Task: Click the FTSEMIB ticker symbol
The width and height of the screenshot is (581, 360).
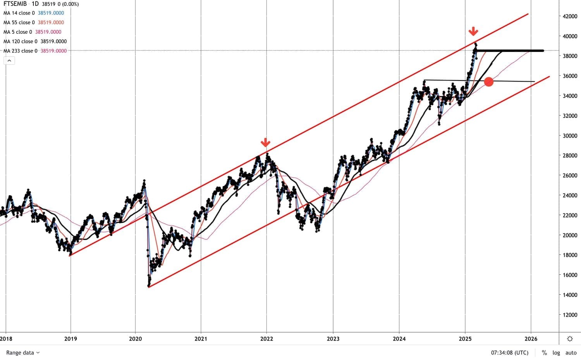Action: point(15,4)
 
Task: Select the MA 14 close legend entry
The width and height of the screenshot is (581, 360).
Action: point(19,13)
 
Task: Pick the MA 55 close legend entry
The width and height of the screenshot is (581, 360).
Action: point(19,22)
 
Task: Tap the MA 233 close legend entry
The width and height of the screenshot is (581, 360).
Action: point(20,51)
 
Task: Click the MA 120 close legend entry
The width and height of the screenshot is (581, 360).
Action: point(20,41)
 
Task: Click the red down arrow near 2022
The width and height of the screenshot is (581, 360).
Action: point(265,142)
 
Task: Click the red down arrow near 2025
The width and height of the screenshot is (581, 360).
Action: point(473,31)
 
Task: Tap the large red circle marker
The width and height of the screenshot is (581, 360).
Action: point(489,81)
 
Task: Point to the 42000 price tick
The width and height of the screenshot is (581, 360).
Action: point(570,16)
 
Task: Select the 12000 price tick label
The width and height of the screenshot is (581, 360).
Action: point(570,315)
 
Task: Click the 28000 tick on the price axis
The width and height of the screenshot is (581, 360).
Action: point(570,156)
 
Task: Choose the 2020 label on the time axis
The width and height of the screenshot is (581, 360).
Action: point(136,339)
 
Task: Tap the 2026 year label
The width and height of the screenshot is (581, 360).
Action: point(531,339)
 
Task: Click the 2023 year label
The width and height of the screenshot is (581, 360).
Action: point(333,339)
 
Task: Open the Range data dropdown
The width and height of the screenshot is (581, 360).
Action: point(23,353)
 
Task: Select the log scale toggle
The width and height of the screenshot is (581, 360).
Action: point(556,353)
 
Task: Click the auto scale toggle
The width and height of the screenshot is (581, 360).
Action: point(571,353)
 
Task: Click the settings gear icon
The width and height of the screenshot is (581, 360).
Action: point(570,339)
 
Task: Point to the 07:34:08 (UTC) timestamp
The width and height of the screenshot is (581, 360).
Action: point(510,353)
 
